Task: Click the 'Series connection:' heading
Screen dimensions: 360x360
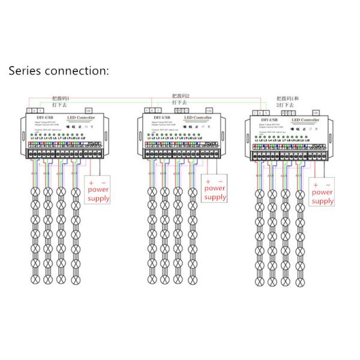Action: pos(58,70)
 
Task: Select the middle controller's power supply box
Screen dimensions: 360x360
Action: pos(214,188)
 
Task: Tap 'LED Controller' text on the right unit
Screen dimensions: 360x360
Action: pos(306,121)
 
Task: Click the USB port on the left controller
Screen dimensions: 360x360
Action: pos(89,110)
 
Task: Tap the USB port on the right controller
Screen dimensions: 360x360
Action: pos(314,112)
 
